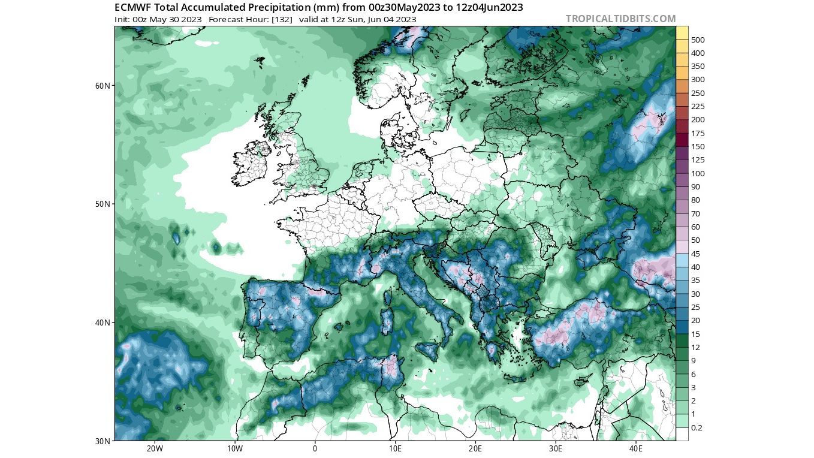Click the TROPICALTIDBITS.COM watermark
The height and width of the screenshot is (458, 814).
(620, 19)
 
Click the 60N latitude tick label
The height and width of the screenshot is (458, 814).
(103, 86)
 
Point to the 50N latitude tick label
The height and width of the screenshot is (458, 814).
(103, 204)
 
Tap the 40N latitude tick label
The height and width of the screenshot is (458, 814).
(103, 323)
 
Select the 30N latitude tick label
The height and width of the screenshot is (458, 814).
(103, 441)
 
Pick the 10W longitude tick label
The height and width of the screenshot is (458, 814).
(234, 448)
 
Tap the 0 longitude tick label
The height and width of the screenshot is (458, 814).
(315, 448)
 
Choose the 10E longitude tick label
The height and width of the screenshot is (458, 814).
(395, 448)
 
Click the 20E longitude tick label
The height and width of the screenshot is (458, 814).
(475, 448)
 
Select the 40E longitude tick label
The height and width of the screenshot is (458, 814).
(636, 448)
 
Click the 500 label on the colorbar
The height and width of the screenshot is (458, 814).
(698, 40)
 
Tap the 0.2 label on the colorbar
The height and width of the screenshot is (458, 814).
(697, 428)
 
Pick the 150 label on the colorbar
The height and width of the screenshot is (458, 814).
(698, 147)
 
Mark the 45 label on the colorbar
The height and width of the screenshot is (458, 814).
(696, 254)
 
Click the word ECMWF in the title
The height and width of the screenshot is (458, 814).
(132, 7)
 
